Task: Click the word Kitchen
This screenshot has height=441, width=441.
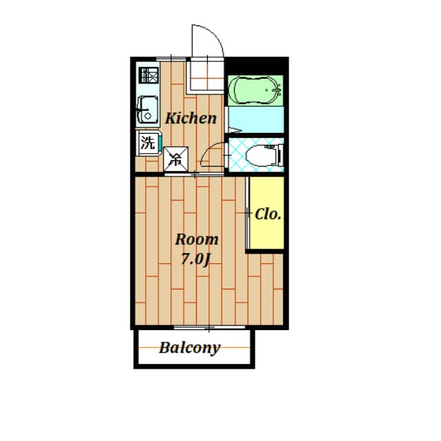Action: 191,118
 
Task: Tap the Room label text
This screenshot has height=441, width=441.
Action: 196,240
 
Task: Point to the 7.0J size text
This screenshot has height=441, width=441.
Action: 195,260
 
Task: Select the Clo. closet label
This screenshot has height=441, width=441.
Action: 268,214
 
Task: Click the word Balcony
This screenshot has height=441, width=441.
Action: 189,347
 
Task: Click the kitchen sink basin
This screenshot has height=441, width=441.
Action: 147,110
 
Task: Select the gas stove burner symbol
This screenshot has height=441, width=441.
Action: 147,74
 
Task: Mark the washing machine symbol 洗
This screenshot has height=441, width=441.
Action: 147,143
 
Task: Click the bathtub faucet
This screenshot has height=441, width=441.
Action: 277,90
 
